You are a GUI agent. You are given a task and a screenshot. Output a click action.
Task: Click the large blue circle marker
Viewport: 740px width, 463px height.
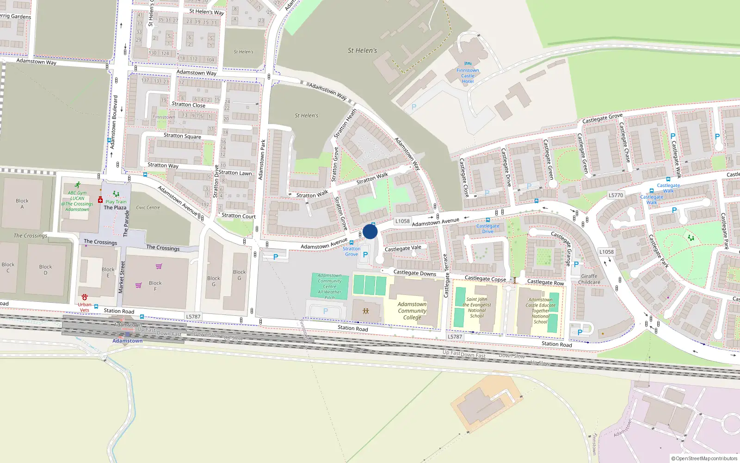click(370, 231)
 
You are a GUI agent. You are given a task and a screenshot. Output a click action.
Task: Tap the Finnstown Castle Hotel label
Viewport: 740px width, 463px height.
click(468, 76)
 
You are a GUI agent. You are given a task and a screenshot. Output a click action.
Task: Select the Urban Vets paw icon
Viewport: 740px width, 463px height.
click(84, 297)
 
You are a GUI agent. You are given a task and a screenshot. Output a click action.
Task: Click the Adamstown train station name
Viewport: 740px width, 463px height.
click(128, 341)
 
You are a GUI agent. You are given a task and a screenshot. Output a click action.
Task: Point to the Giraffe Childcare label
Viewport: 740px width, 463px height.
click(589, 279)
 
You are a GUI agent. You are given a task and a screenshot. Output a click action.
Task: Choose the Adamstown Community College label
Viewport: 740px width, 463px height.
click(412, 311)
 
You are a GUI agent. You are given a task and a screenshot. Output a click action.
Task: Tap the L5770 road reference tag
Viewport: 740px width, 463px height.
click(616, 195)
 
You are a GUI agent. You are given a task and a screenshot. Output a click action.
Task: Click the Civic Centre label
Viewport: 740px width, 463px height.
click(148, 207)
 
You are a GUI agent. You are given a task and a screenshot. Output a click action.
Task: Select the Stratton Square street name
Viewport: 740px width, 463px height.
click(182, 136)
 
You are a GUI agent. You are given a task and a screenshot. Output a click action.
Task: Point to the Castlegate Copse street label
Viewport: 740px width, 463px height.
click(485, 278)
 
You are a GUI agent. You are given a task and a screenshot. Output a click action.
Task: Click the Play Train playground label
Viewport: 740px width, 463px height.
click(116, 202)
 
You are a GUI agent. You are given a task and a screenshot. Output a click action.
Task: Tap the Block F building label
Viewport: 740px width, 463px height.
click(155, 286)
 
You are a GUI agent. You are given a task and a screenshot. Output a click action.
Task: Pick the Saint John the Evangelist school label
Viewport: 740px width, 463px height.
click(477, 307)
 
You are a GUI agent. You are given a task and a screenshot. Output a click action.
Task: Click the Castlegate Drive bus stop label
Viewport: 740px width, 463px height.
click(488, 229)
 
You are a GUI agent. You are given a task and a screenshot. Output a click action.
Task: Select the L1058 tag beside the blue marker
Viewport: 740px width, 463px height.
click(402, 221)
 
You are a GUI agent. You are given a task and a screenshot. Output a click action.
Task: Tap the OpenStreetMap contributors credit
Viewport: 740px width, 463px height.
click(704, 458)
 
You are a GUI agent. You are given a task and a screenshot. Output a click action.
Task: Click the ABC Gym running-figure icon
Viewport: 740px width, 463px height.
click(77, 185)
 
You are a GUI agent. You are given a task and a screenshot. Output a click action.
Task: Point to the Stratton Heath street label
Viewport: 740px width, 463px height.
click(345, 124)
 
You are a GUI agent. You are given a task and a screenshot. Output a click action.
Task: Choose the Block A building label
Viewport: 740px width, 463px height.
click(22, 204)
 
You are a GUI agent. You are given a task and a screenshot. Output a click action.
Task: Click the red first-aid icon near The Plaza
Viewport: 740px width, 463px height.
click(100, 200)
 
